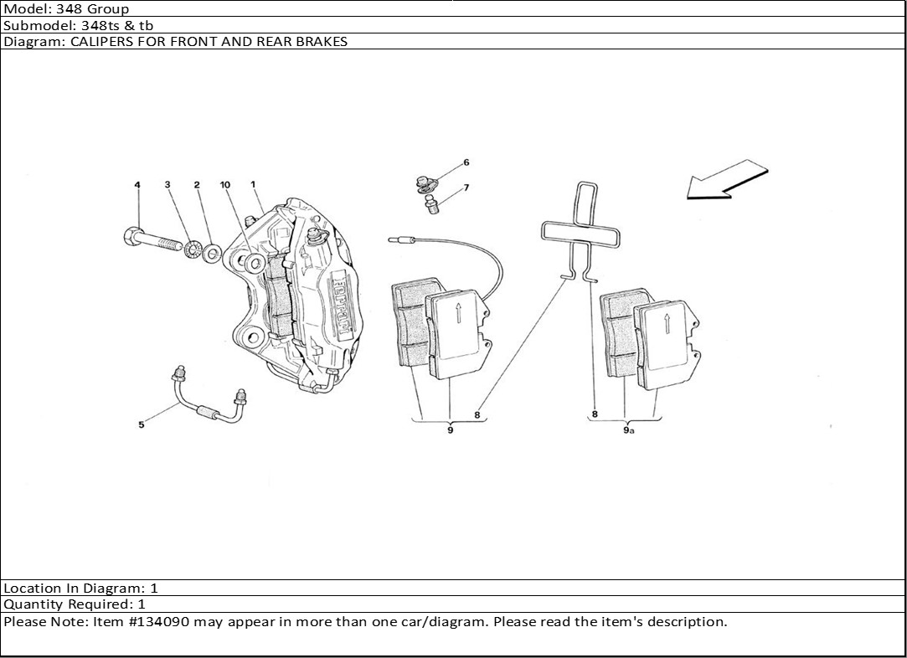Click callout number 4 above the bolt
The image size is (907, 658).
137,184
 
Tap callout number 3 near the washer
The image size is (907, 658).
167,184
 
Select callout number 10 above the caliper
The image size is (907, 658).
224,184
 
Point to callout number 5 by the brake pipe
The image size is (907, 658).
142,425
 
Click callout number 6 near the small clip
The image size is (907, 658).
466,162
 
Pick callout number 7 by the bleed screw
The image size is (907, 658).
466,188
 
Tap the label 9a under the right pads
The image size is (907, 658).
628,430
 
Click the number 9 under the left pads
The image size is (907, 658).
450,430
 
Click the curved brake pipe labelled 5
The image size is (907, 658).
205,406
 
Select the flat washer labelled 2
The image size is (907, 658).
212,250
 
